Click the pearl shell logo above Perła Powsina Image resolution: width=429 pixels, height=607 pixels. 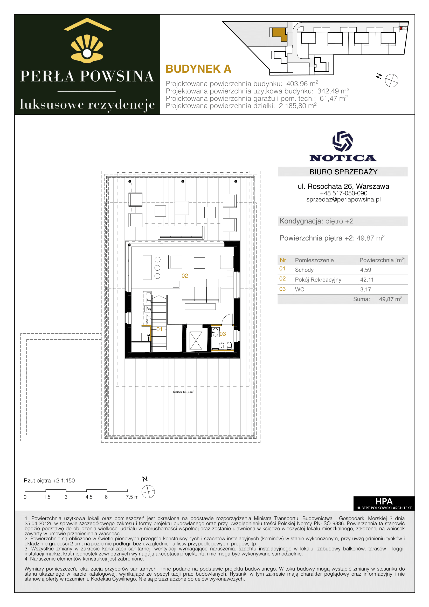click(x=87, y=49)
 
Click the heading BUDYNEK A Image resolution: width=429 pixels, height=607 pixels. click(x=198, y=69)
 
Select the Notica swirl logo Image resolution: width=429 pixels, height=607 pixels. click(x=343, y=141)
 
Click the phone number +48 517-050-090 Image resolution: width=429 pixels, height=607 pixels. click(x=343, y=193)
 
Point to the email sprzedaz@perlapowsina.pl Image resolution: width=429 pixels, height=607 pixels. click(x=343, y=200)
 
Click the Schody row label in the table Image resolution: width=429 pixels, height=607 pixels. click(x=304, y=270)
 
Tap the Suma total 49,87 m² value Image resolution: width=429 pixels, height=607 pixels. click(x=390, y=299)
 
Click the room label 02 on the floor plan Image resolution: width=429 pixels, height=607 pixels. click(x=185, y=276)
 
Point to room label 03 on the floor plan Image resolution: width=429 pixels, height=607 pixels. click(x=223, y=334)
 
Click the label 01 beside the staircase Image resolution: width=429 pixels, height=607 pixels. click(x=159, y=329)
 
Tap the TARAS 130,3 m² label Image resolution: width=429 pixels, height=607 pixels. click(x=183, y=392)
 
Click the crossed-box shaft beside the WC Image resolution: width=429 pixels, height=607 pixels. click(x=196, y=341)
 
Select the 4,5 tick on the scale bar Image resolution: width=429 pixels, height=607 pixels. click(x=89, y=497)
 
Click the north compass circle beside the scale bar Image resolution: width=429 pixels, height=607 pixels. click(x=148, y=492)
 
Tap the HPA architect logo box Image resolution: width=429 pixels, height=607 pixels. click(x=384, y=503)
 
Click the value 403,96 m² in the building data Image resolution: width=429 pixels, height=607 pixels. click(x=302, y=84)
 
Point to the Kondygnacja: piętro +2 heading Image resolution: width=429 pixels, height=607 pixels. click(x=316, y=221)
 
